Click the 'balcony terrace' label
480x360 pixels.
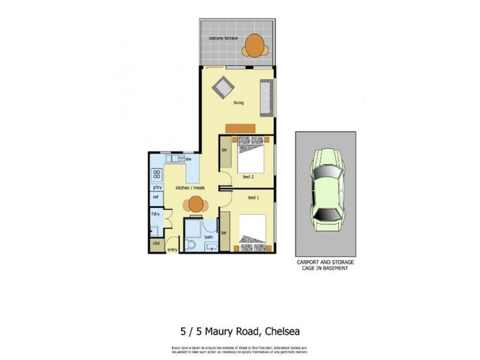point(223,38)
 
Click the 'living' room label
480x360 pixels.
point(239,103)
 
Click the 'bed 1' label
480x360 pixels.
point(254,197)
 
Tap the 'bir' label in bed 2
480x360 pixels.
point(225,149)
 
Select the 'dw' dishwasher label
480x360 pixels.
point(188,159)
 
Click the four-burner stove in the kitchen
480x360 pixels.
point(156,175)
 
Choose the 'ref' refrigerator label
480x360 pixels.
point(155,197)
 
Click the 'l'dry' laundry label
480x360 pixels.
point(155,214)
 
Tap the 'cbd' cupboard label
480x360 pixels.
point(156,244)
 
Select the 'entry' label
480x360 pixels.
point(172,250)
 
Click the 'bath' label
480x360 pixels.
point(208,236)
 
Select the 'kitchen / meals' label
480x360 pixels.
point(190,188)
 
